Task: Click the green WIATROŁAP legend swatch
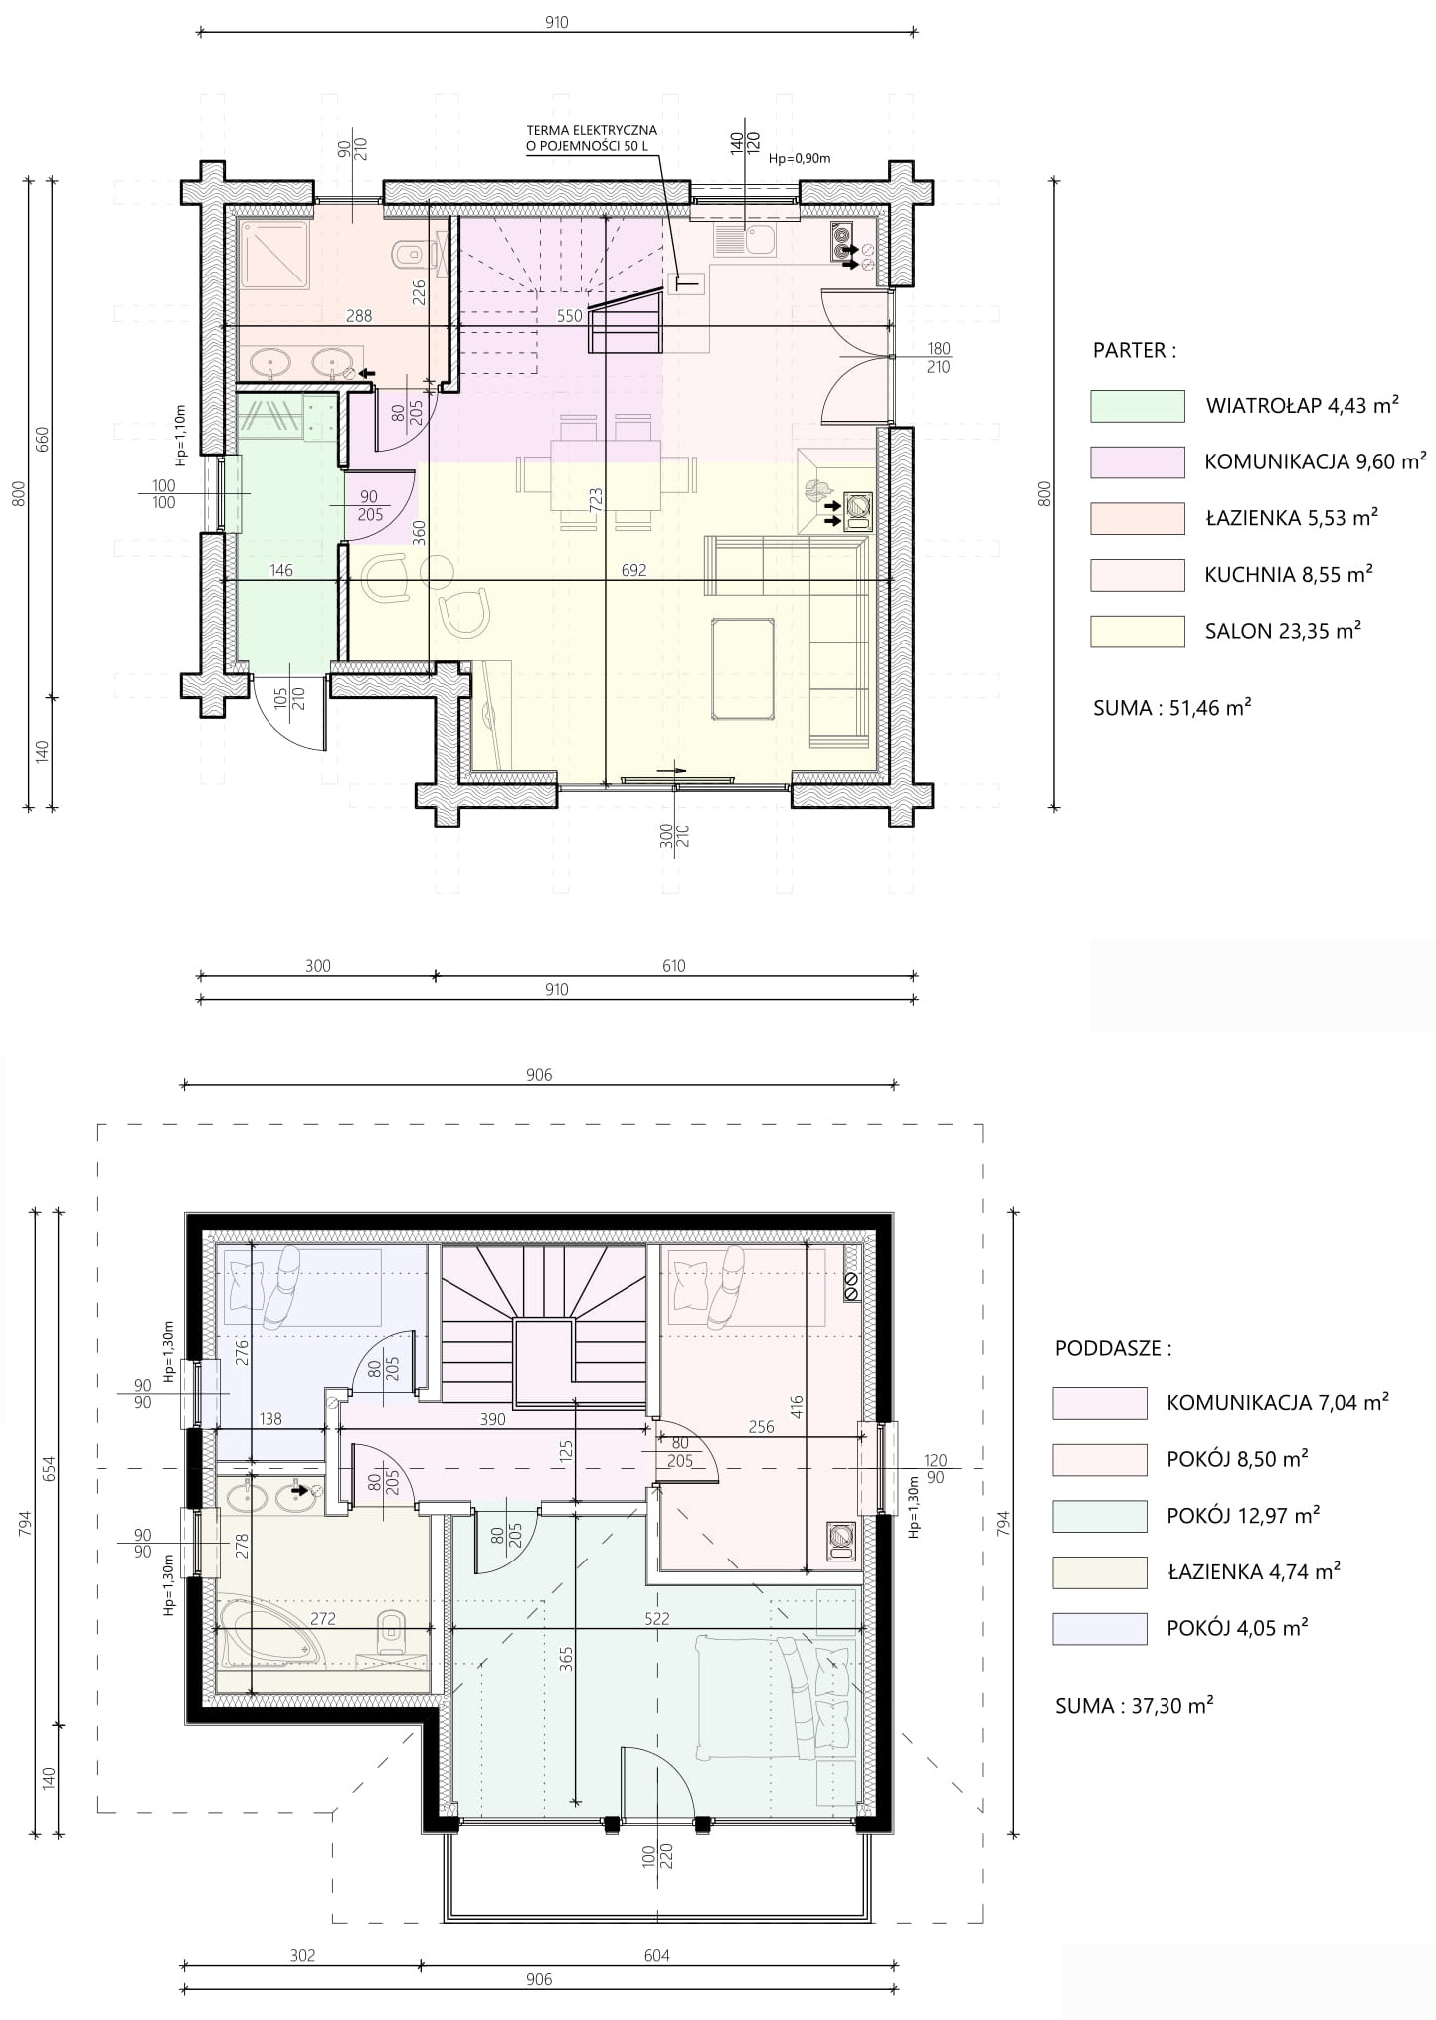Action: coord(1137,406)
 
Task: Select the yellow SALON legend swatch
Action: coord(1137,632)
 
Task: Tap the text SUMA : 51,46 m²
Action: coord(1171,708)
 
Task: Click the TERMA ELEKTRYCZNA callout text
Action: coord(592,138)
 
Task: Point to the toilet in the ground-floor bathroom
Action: coord(410,255)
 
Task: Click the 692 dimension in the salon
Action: coord(633,570)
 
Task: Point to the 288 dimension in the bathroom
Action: coord(359,316)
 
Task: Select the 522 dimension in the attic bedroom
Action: coord(656,1618)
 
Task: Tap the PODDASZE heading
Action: coord(1113,1348)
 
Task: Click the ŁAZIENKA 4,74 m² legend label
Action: coord(1253,1571)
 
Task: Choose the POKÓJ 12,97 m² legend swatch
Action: coord(1099,1516)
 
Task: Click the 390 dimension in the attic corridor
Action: coord(492,1419)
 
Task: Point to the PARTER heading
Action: coord(1134,350)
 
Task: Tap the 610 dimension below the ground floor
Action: coord(673,965)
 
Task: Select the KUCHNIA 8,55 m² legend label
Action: coord(1289,574)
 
